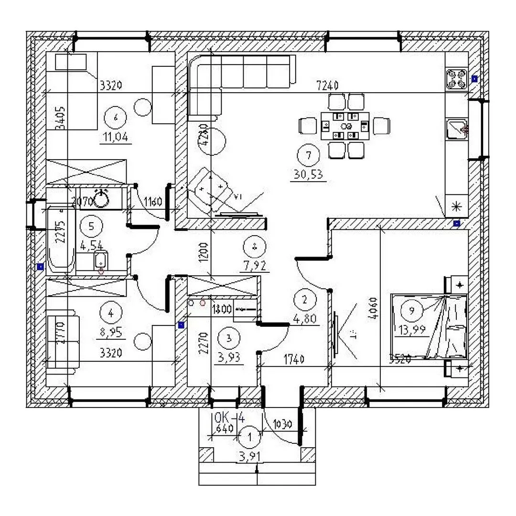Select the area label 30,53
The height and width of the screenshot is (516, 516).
[308, 175]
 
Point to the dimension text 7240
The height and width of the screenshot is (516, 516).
[327, 86]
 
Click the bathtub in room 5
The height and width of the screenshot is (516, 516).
[60, 239]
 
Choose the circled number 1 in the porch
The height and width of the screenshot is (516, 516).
[249, 436]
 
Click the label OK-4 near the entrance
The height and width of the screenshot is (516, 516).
[230, 417]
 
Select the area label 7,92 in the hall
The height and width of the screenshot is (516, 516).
[254, 265]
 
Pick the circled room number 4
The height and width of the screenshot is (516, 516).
[111, 313]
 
